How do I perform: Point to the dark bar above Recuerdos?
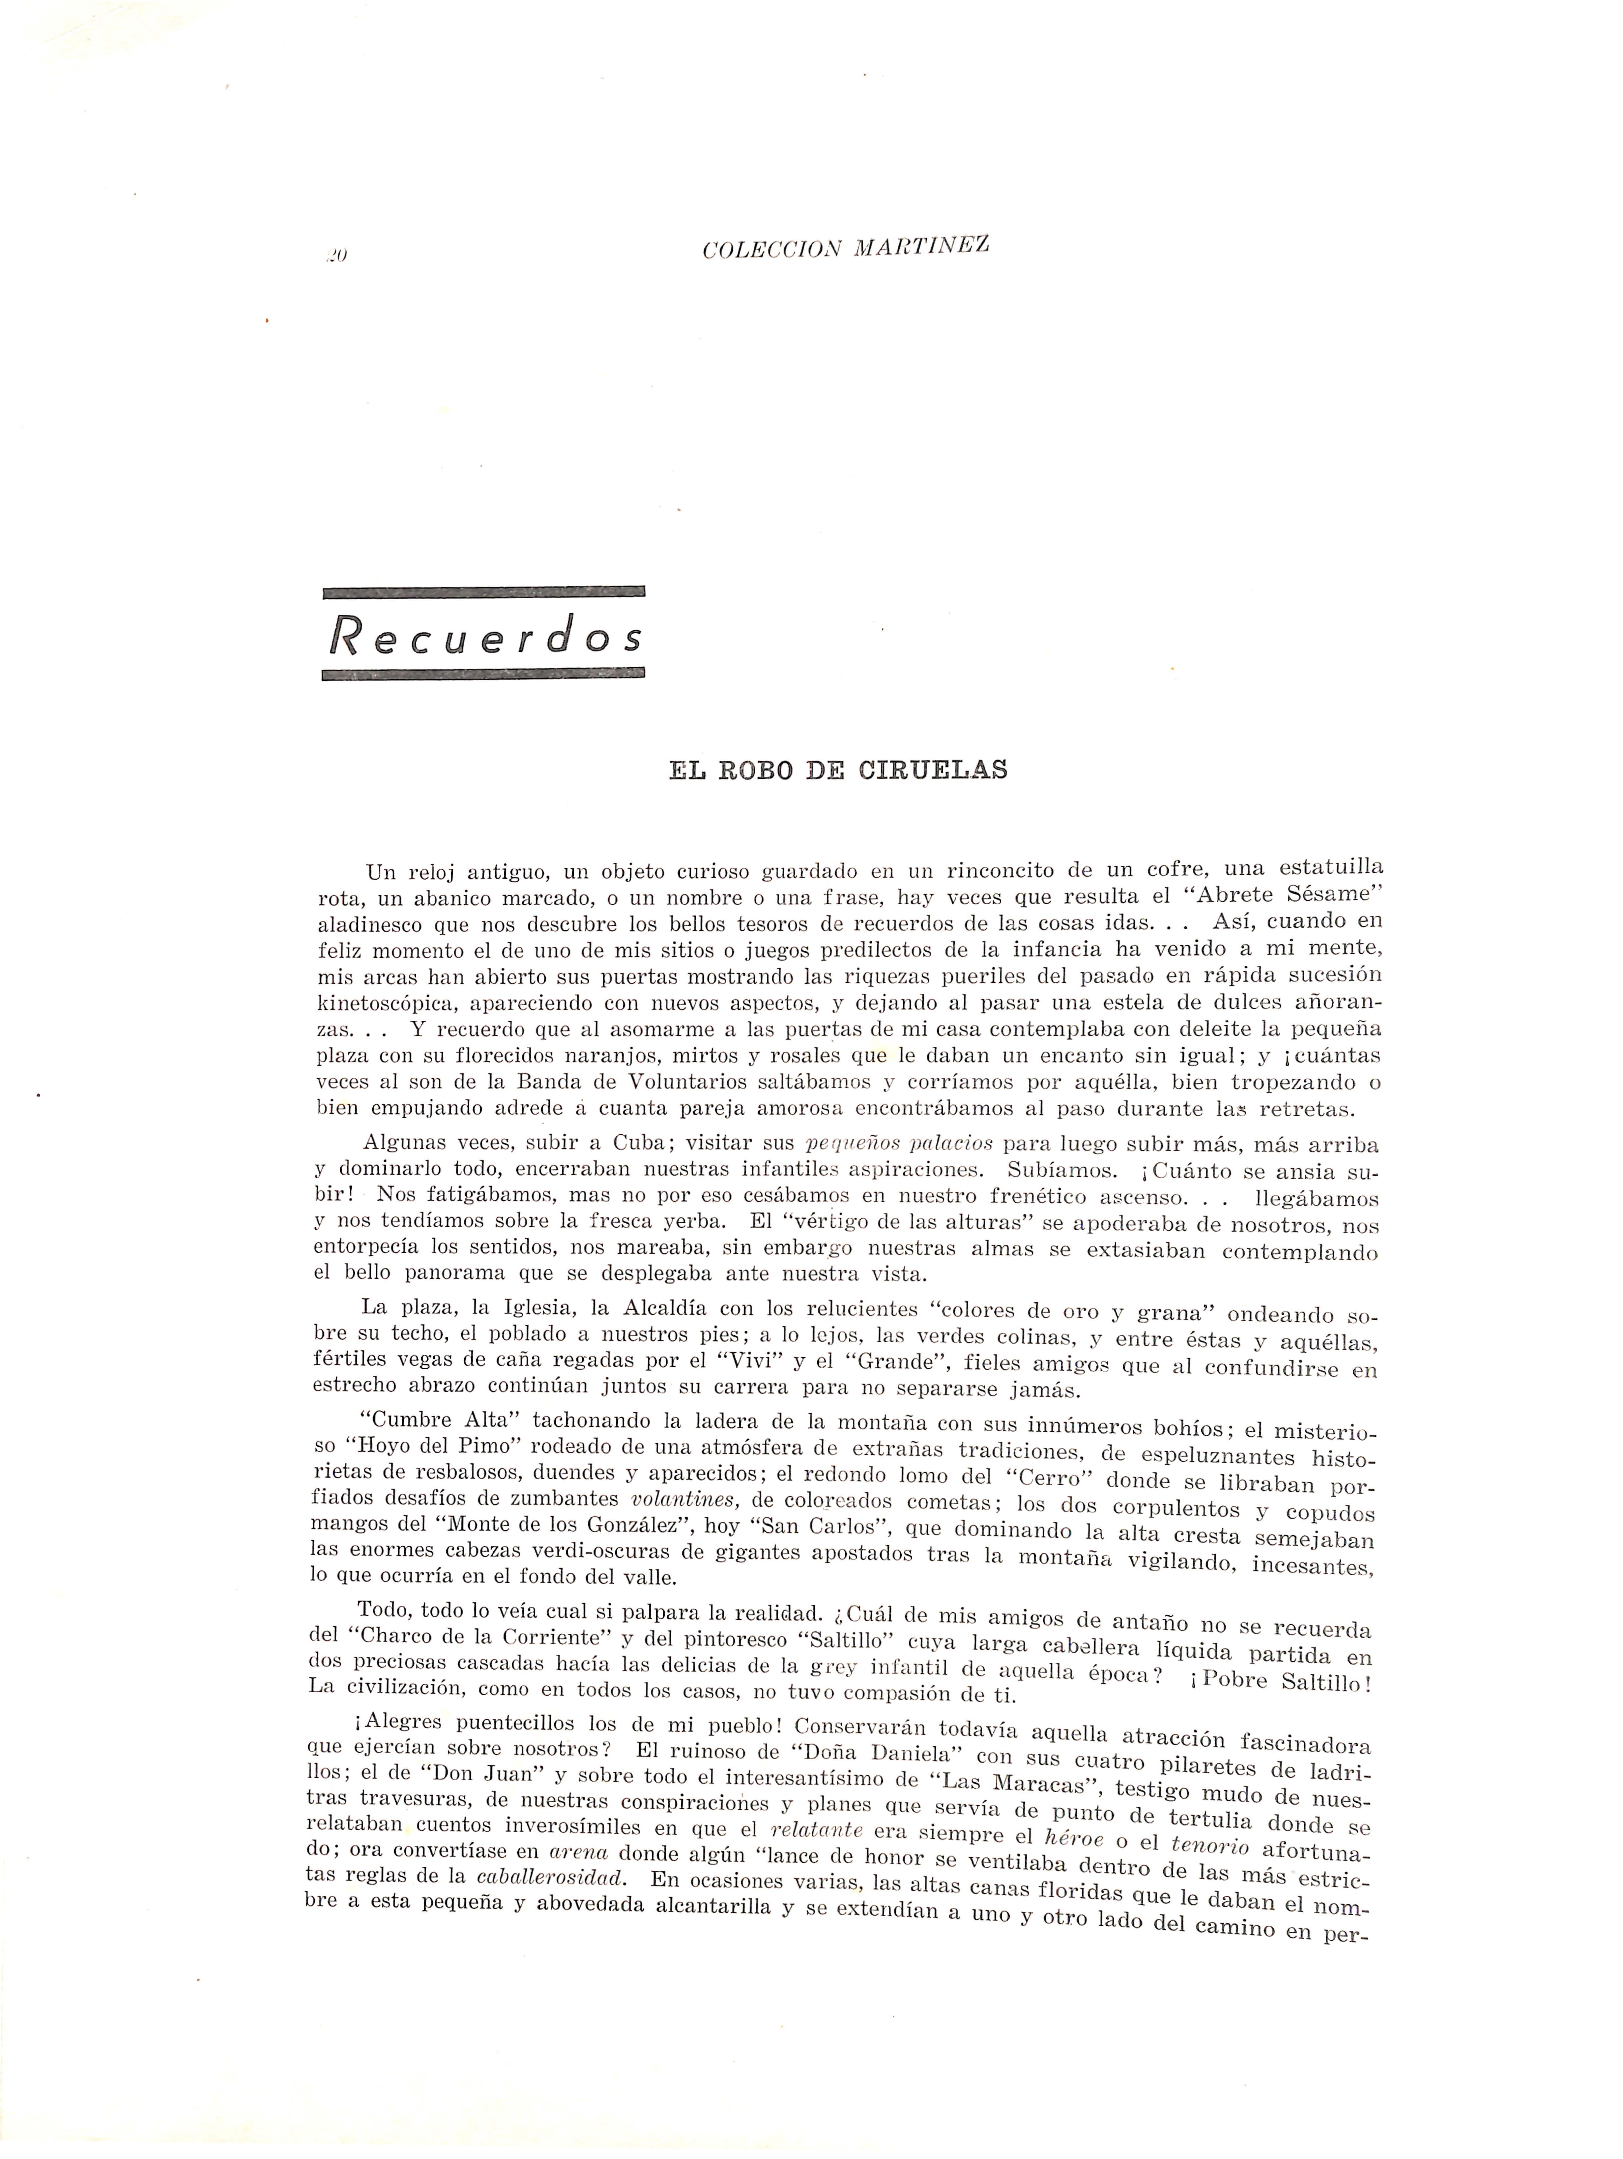coord(483,591)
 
